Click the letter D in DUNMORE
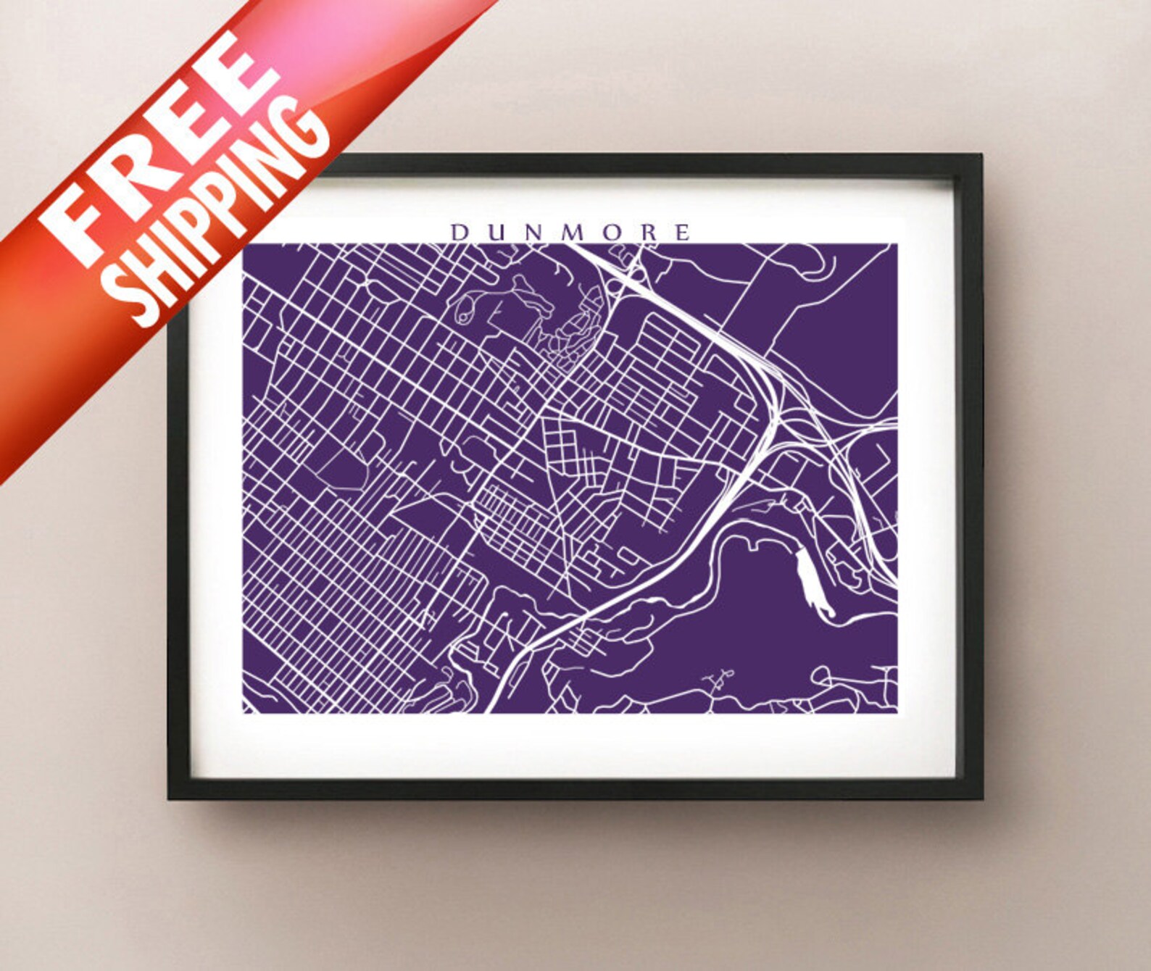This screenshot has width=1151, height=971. [x=458, y=233]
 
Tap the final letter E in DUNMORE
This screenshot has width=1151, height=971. [x=681, y=233]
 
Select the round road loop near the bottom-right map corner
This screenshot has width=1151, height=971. [x=820, y=676]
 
